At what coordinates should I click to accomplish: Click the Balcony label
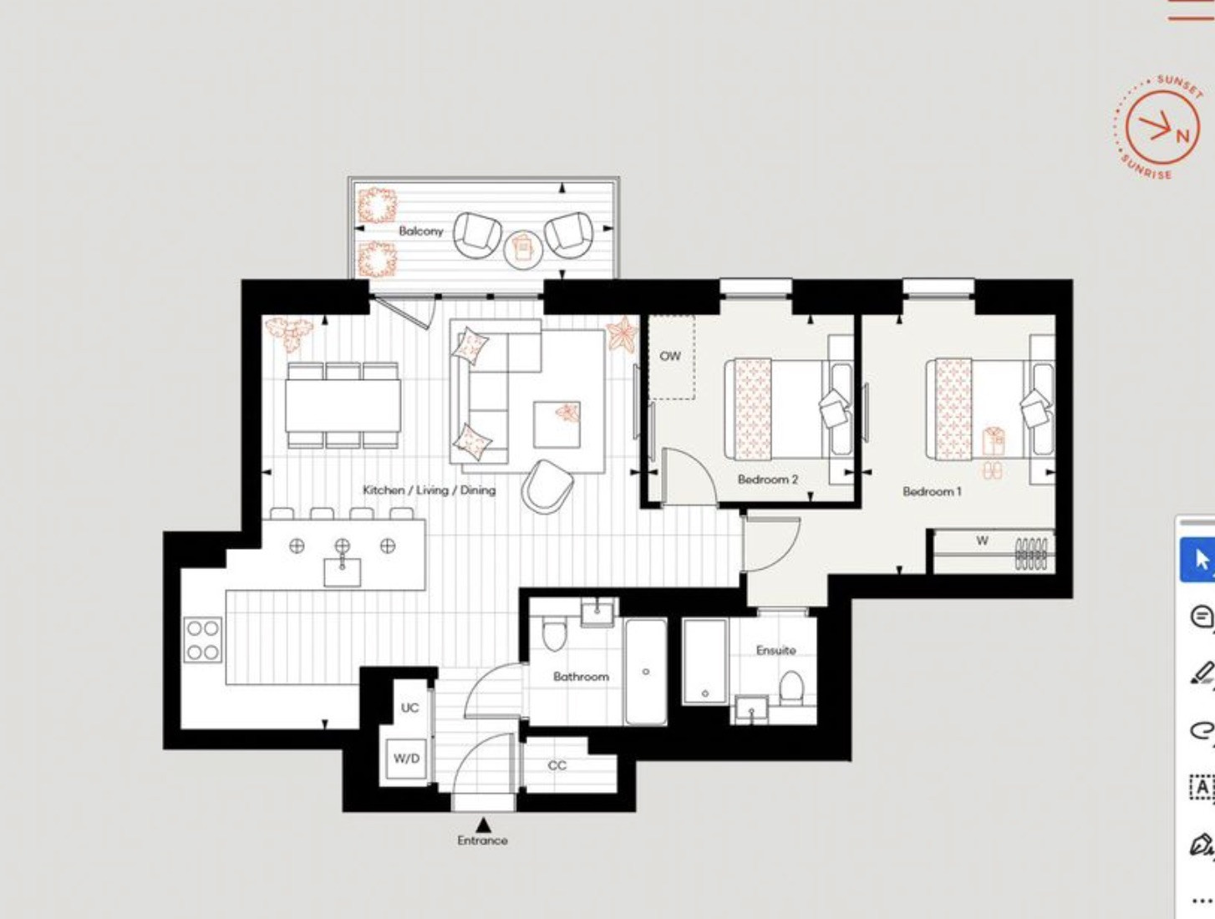(x=420, y=231)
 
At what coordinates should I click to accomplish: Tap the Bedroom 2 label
(x=768, y=480)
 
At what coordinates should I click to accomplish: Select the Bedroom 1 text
(x=933, y=490)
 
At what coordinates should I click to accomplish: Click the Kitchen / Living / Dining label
(x=429, y=490)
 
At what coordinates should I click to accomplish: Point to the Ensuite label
(x=776, y=650)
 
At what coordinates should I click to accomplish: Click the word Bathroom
(x=582, y=676)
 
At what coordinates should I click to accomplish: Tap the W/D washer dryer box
(x=407, y=759)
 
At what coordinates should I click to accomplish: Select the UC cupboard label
(x=409, y=708)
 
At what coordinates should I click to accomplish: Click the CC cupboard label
(x=557, y=765)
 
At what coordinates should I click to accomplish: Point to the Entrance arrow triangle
(x=484, y=825)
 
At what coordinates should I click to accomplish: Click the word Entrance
(x=482, y=840)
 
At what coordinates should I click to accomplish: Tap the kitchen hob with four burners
(x=202, y=640)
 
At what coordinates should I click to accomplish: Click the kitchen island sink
(x=342, y=571)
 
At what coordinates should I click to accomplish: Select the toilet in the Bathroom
(x=555, y=633)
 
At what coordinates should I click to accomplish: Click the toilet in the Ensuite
(x=791, y=688)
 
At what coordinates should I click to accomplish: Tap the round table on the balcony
(x=523, y=250)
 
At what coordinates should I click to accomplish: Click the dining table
(x=343, y=405)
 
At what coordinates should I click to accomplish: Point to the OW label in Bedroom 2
(x=670, y=356)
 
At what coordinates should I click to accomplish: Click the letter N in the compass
(x=1182, y=136)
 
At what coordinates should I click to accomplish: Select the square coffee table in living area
(x=557, y=424)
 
